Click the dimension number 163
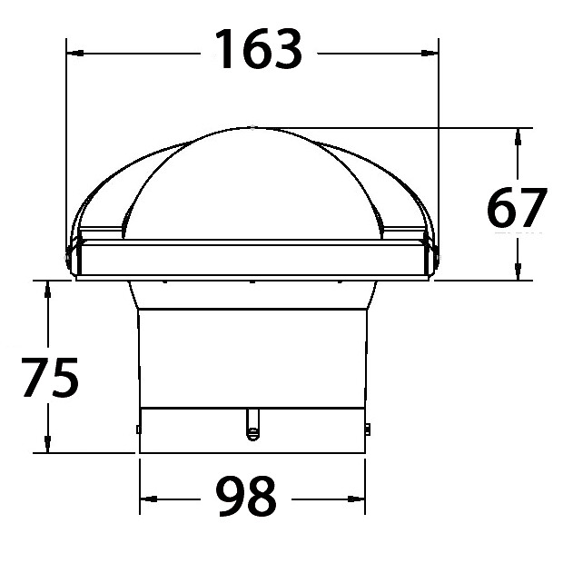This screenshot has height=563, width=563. (258, 49)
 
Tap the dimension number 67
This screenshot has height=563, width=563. (517, 208)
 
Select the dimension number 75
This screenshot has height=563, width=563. (50, 377)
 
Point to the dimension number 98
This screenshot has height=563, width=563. (246, 496)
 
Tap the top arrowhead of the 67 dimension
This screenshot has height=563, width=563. (518, 137)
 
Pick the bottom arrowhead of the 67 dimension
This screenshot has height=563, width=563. (518, 272)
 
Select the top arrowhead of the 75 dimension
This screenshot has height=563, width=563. (47, 290)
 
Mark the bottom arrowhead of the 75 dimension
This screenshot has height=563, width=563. (47, 444)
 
